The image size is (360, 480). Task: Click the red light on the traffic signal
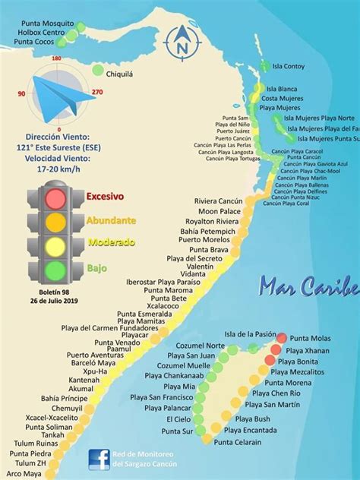[55, 199]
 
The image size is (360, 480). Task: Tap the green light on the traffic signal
[55, 270]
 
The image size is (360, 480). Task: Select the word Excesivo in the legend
[105, 196]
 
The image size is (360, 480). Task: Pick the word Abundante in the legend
[112, 220]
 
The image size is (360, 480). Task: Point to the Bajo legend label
[96, 268]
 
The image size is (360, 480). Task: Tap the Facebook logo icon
[98, 459]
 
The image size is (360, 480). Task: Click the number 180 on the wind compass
[56, 58]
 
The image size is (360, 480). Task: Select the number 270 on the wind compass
[96, 92]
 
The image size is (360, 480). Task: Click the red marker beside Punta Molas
[282, 338]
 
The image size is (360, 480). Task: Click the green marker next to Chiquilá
[98, 70]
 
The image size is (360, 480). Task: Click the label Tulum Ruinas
[36, 422]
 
